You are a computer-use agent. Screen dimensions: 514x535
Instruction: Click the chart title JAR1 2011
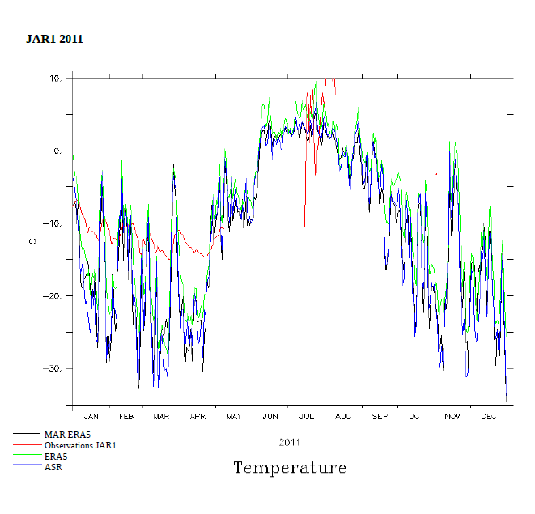pyautogui.click(x=54, y=39)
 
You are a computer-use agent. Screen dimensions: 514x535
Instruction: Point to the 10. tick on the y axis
pyautogui.click(x=55, y=79)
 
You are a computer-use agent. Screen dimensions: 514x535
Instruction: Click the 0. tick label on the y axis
pyautogui.click(x=57, y=151)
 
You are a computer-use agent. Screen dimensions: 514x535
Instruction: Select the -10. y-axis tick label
pyautogui.click(x=53, y=223)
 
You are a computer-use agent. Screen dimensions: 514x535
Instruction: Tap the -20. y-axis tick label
pyautogui.click(x=53, y=296)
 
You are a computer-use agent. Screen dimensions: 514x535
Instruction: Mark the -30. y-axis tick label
pyautogui.click(x=53, y=368)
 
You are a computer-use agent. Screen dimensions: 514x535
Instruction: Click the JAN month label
pyautogui.click(x=91, y=417)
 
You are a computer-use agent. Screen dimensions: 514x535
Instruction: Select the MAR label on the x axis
pyautogui.click(x=162, y=417)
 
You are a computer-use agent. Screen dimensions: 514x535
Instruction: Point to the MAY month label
pyautogui.click(x=234, y=417)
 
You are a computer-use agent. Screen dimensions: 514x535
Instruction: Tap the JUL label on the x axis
pyautogui.click(x=307, y=417)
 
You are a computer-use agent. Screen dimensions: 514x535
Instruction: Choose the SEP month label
pyautogui.click(x=380, y=417)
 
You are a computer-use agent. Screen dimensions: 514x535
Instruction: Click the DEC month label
pyautogui.click(x=489, y=417)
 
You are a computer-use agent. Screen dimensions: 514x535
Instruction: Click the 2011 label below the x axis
pyautogui.click(x=290, y=443)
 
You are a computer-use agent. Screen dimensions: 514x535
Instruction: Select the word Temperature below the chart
pyautogui.click(x=290, y=468)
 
